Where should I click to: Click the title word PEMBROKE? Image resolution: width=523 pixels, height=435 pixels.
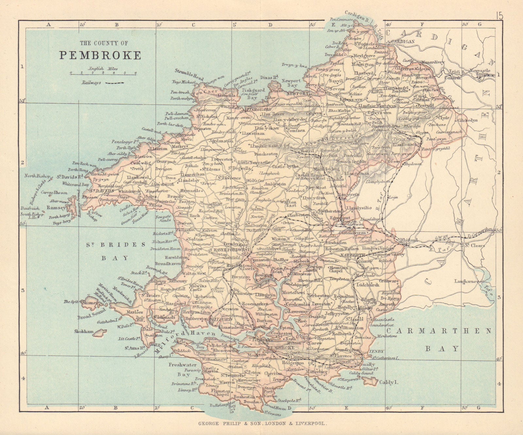coord(100,55)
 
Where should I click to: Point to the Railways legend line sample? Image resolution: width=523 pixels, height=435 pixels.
coord(115,83)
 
